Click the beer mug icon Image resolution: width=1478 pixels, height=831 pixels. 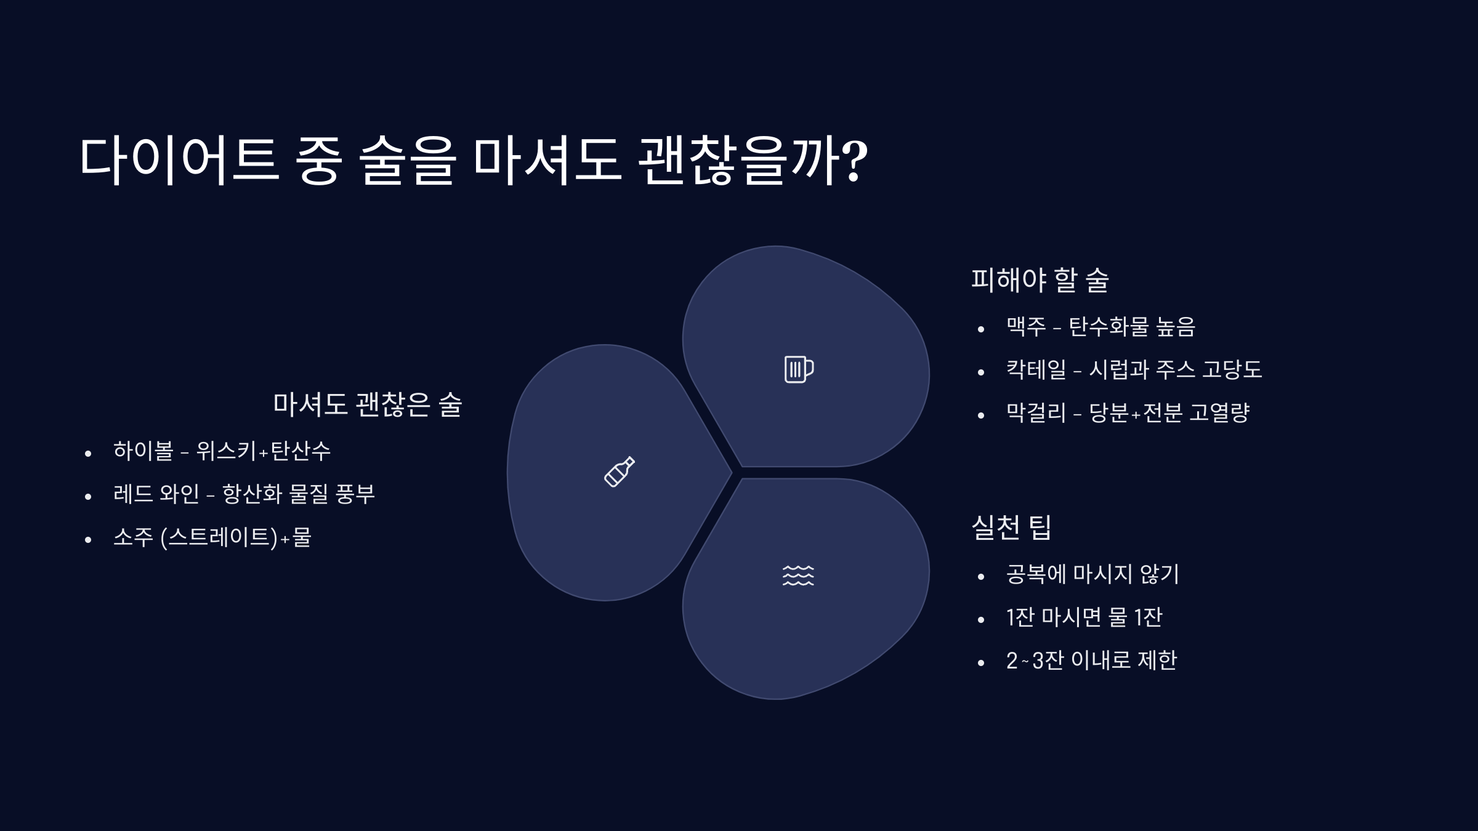point(799,369)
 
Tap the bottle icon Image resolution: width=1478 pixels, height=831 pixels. point(619,472)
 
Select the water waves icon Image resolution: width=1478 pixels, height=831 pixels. point(798,575)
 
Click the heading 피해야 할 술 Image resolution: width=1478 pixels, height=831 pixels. point(1040,280)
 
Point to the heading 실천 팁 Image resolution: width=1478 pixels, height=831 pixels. point(1011,528)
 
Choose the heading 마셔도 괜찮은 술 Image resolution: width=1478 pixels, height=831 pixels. point(367,404)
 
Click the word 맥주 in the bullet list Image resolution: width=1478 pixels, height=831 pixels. point(1026,327)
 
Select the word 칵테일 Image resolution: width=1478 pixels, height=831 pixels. point(1036,370)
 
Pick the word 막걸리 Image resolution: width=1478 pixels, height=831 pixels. point(1036,413)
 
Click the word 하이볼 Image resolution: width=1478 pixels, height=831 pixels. point(143,451)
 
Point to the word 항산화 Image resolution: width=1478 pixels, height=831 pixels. point(252,494)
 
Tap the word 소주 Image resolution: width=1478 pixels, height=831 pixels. point(133,537)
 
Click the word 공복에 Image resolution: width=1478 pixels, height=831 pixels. point(1036,574)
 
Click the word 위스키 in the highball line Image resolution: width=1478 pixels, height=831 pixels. point(225,451)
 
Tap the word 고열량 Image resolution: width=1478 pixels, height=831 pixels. point(1219,413)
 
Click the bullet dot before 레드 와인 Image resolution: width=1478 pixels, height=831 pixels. point(88,497)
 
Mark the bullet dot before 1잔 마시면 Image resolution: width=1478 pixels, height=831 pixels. point(981,620)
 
